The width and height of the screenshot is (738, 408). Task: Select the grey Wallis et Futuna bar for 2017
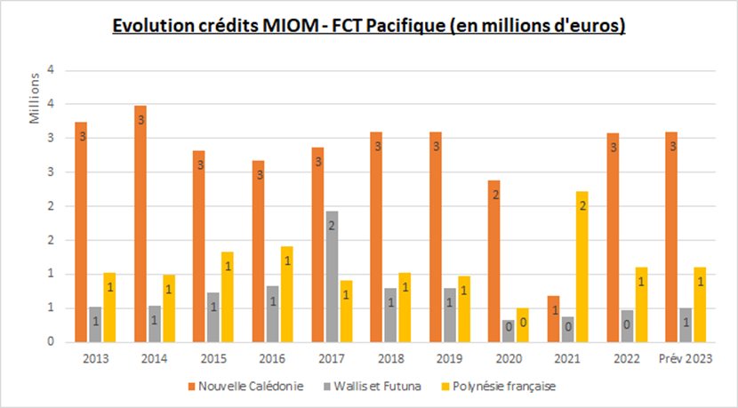[x=332, y=276]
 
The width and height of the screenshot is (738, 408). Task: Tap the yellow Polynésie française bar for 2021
[x=582, y=267]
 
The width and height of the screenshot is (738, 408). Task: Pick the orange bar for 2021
[x=553, y=319]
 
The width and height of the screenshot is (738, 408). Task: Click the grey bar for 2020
[x=509, y=331]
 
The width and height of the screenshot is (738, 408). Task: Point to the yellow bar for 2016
[x=287, y=294]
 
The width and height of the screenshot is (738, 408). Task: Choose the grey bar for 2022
[x=627, y=326]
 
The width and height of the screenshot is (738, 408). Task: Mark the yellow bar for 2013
[x=109, y=308]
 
